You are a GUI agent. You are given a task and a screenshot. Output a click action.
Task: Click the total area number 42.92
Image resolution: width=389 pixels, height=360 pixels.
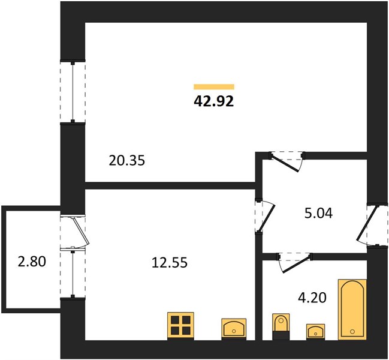click(x=213, y=101)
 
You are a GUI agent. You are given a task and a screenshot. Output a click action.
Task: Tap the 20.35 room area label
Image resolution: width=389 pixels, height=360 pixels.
click(x=127, y=160)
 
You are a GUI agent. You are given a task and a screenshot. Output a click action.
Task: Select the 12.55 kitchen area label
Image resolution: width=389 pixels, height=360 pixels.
click(x=170, y=262)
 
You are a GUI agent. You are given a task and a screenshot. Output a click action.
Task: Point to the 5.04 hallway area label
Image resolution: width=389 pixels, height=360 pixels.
click(x=318, y=213)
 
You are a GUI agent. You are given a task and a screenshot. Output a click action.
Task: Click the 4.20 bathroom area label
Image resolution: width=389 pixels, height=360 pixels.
click(x=312, y=298)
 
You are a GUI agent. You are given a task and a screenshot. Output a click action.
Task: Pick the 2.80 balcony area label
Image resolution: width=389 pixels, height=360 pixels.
click(x=32, y=262)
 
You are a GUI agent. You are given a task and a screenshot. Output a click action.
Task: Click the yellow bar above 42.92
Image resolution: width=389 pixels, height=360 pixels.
click(x=214, y=86)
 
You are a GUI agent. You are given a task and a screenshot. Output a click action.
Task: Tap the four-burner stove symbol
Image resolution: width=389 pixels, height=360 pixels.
click(x=180, y=326)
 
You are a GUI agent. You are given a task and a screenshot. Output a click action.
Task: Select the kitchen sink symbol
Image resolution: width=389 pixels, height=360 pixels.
click(x=234, y=329)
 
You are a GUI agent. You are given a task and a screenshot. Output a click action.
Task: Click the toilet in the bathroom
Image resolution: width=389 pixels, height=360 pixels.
click(x=281, y=326)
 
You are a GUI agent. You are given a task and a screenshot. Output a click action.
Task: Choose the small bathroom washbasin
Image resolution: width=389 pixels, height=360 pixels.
click(x=315, y=331)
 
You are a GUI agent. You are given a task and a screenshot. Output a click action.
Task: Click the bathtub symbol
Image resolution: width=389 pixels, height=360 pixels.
click(x=352, y=310)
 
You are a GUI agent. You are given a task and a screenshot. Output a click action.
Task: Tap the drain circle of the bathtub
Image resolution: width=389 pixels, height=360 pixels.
click(x=352, y=331)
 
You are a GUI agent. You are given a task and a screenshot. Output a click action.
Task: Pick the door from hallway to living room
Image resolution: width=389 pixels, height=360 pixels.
click(x=285, y=163)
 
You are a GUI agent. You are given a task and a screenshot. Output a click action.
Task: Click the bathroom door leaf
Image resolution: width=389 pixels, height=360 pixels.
click(x=295, y=263)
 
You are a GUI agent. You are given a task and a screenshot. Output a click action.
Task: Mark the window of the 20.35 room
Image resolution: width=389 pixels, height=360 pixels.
click(x=73, y=92)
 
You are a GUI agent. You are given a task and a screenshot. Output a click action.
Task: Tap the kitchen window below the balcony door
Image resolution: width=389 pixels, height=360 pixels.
click(x=73, y=274)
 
